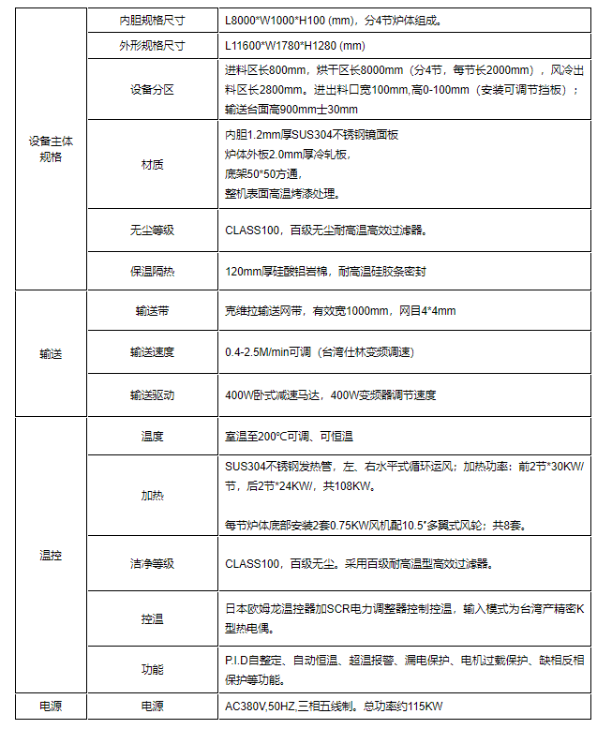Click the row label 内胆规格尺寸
point(152,18)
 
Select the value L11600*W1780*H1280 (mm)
point(295,45)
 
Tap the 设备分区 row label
point(152,90)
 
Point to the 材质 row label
point(152,164)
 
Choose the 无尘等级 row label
point(152,230)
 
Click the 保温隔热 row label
point(152,272)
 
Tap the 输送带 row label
point(152,310)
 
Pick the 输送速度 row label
point(152,352)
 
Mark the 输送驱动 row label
point(152,394)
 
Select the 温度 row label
point(152,436)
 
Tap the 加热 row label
point(152,495)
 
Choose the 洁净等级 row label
point(152,564)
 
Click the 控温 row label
point(152,618)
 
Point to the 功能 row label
point(152,669)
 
